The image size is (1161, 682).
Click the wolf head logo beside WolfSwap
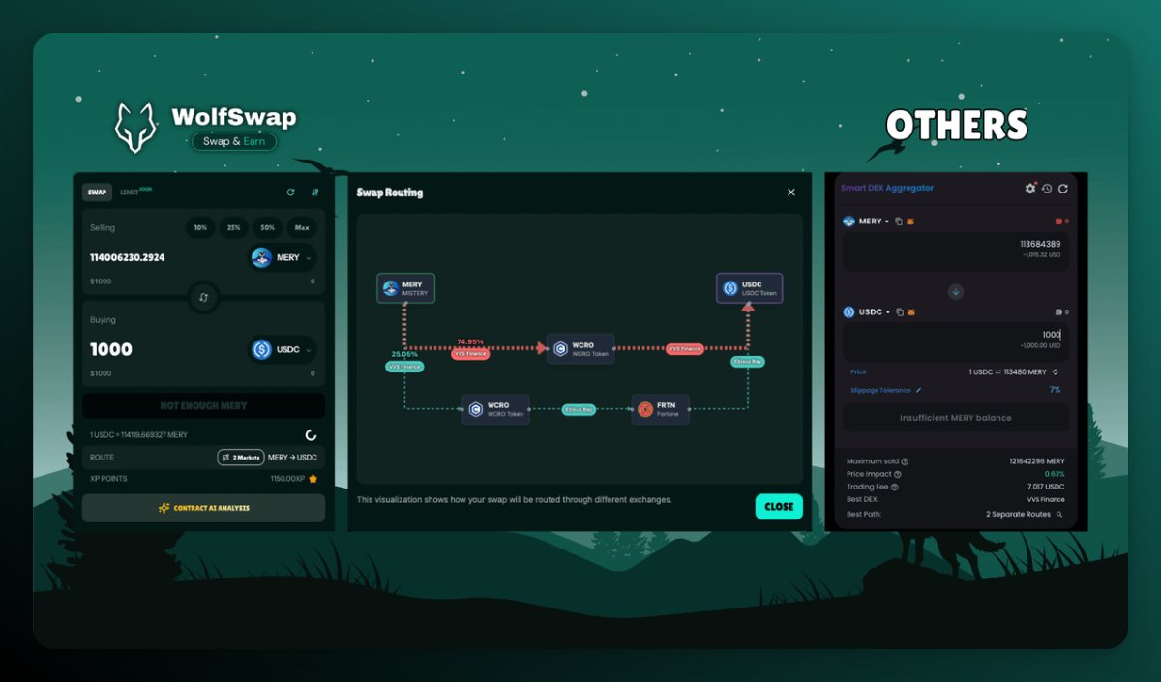coord(135,127)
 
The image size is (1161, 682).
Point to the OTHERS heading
coord(956,126)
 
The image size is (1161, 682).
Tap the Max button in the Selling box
coord(302,228)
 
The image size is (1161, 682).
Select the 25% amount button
coord(234,228)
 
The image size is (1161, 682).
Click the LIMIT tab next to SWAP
coord(130,193)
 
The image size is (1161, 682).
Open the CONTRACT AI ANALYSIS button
coord(203,508)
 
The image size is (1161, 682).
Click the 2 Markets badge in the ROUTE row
coord(240,458)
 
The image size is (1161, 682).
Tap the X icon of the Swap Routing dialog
coord(791,193)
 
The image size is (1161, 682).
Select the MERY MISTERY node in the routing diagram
coord(405,288)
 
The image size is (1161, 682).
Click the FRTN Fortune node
coord(660,409)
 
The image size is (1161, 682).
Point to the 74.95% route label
coord(470,341)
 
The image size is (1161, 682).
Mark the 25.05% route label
coord(405,354)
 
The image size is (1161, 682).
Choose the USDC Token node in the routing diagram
coord(749,288)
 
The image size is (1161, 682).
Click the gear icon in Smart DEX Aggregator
coord(1029,189)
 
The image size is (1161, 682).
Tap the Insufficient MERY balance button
coord(955,418)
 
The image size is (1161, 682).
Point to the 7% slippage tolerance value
coord(1055,390)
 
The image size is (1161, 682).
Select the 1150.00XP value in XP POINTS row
coord(287,479)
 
